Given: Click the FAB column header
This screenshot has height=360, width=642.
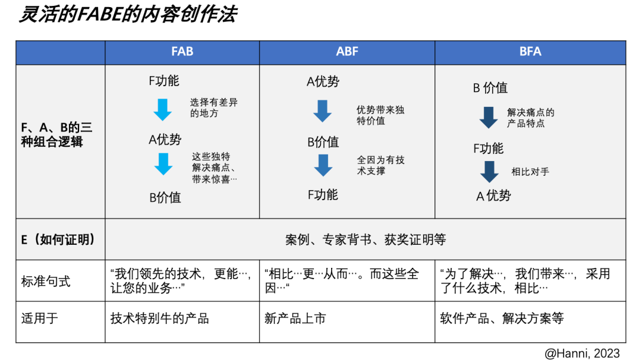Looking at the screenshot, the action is (x=182, y=52).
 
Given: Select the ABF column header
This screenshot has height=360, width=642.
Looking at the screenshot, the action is (x=347, y=52).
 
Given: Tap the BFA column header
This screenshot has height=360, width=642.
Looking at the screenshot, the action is (x=530, y=52).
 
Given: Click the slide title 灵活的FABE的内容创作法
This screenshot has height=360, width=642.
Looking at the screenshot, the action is (x=128, y=14).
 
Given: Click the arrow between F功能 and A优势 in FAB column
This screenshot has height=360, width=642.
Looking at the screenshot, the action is (x=162, y=109).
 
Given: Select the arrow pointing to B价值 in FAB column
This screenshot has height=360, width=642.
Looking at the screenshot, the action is (x=163, y=164).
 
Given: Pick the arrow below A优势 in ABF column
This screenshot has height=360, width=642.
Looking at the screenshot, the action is (x=322, y=111).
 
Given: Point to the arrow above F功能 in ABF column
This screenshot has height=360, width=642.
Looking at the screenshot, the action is (x=323, y=165).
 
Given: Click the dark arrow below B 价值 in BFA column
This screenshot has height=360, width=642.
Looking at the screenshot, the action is (x=489, y=118).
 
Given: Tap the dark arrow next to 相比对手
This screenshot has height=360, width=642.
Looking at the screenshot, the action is (x=489, y=172).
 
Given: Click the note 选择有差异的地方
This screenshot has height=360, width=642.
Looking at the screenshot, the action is (x=214, y=108).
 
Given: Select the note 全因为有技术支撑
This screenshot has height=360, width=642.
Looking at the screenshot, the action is (x=381, y=165).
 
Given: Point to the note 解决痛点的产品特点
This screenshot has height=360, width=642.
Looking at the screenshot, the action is (x=531, y=118).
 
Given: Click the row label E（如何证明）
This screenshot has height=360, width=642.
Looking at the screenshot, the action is (x=58, y=239).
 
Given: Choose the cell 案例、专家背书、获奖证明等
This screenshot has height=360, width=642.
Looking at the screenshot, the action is (x=366, y=239).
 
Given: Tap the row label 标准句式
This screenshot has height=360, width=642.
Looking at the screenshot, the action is (x=45, y=282).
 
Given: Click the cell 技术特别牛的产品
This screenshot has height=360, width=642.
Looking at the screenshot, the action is (x=160, y=318).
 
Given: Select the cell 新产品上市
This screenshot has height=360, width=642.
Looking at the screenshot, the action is (x=295, y=318).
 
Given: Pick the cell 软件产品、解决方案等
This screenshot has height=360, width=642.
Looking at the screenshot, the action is (x=502, y=318).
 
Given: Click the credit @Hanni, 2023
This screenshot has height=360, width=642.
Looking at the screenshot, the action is (x=582, y=353).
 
